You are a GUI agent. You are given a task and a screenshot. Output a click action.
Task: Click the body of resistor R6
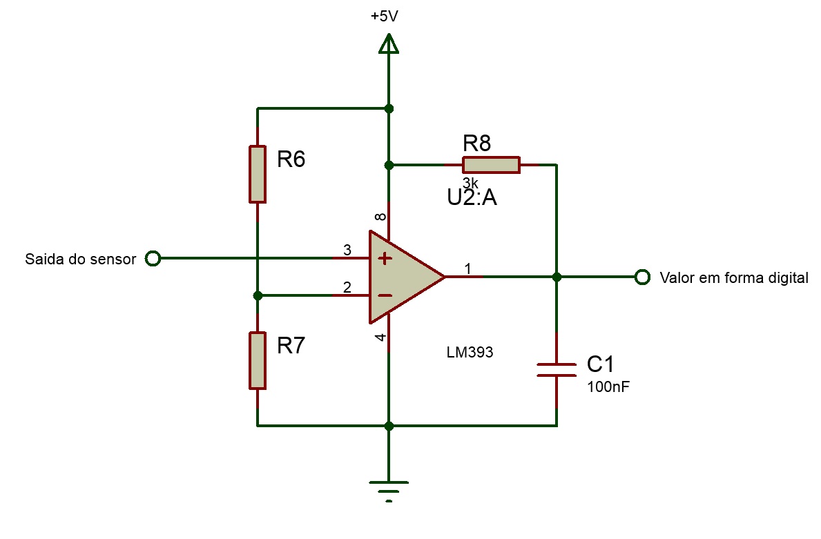pos(258,174)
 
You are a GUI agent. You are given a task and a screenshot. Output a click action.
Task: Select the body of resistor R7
pos(258,360)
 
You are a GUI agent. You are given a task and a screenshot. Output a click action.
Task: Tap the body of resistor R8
pos(491,165)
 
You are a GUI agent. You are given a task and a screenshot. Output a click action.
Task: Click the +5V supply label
pos(384,17)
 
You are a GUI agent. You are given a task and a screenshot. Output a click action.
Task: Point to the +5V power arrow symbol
pos(389,45)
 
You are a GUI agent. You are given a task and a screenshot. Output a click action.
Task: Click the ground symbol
pos(389,488)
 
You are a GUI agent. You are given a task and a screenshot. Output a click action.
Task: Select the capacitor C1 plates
pos(557,369)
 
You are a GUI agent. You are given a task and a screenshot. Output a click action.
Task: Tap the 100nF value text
pos(608,387)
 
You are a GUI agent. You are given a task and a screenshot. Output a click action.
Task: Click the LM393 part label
pos(470,353)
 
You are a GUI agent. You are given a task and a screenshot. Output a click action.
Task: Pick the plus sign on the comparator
pos(385,259)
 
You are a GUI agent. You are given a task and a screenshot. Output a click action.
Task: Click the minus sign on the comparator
pos(385,295)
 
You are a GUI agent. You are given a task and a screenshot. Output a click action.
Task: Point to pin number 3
pos(347,249)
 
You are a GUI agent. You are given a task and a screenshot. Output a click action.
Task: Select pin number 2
pos(347,287)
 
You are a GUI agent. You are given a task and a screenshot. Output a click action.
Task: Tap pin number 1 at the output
pos(467,268)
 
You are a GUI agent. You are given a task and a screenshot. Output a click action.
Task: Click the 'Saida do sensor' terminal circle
pos(153,259)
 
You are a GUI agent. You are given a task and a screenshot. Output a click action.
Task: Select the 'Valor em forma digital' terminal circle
pos(642,277)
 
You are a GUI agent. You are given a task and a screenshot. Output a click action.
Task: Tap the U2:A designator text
pos(472,199)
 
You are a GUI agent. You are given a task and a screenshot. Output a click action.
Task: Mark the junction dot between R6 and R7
pos(258,295)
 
